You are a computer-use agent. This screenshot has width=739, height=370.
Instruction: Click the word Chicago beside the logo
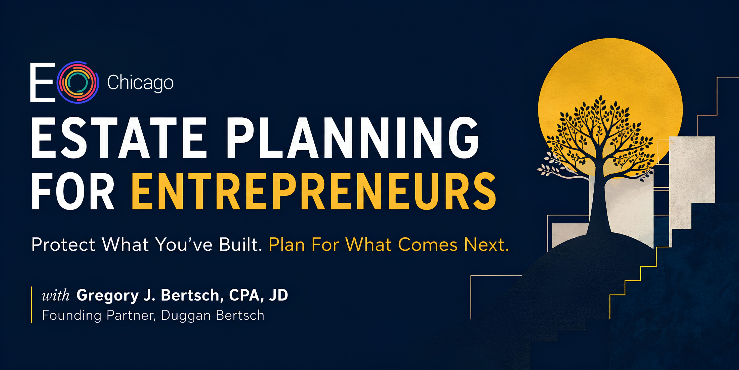(140, 83)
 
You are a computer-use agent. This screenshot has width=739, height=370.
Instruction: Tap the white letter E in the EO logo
(43, 82)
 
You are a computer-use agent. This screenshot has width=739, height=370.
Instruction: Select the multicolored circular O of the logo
(78, 82)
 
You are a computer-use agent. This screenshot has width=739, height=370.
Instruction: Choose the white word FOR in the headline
(73, 191)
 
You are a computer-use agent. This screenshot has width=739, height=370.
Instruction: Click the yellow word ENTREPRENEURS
(314, 191)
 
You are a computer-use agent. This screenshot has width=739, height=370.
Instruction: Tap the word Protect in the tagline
(63, 245)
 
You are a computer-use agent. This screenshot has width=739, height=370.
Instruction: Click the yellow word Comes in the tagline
(428, 245)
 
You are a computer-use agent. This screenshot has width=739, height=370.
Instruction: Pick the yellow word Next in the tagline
(486, 245)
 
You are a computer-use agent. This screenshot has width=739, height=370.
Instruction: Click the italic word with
(56, 295)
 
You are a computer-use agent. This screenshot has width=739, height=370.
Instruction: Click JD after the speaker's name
(278, 295)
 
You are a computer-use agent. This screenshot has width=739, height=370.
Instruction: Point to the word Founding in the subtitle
(72, 315)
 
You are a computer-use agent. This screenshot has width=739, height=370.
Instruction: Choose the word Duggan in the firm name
(186, 315)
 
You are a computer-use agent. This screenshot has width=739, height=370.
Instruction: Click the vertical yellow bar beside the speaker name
(31, 305)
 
